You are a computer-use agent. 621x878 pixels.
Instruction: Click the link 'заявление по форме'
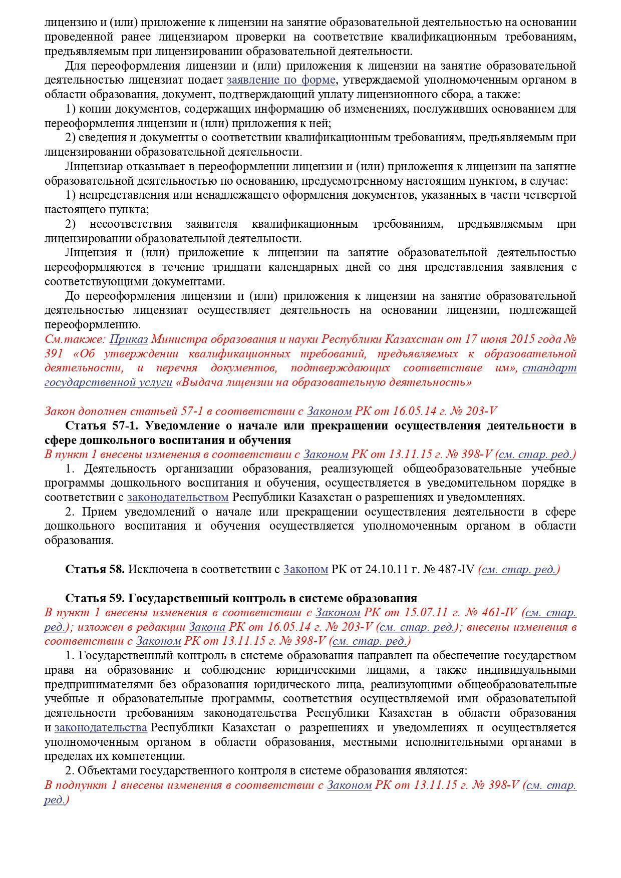(x=281, y=80)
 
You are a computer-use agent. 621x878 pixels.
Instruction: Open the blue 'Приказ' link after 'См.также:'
(x=129, y=339)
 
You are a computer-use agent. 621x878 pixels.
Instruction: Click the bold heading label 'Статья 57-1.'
(x=104, y=426)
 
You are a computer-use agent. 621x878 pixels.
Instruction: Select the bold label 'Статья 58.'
(x=95, y=569)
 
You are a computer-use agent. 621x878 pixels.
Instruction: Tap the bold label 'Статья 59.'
(x=95, y=598)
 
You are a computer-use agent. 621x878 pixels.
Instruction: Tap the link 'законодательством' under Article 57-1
(x=178, y=498)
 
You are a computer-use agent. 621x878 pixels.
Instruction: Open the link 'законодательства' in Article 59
(x=101, y=727)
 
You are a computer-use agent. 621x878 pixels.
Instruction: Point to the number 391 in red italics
(x=54, y=353)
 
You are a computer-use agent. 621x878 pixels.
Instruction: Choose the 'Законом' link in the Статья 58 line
(x=305, y=569)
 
